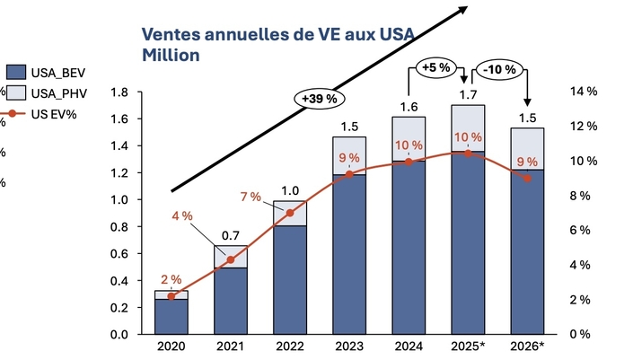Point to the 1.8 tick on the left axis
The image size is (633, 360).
coord(119,92)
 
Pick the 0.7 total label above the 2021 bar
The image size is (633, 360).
coord(231,236)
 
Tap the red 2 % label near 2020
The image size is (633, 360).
coord(171,279)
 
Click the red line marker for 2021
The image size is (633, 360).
coord(231,260)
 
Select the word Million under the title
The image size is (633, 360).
coord(171,56)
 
